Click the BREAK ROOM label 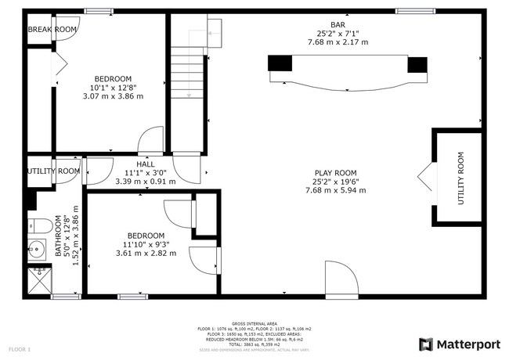52,30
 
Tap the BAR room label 338,23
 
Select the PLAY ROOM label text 336,173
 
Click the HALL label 146,164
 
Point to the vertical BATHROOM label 59,236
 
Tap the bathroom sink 38,251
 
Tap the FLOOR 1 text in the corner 20,348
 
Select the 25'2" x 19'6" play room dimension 336,182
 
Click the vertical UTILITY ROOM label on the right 461,178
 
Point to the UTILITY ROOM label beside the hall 53,171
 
